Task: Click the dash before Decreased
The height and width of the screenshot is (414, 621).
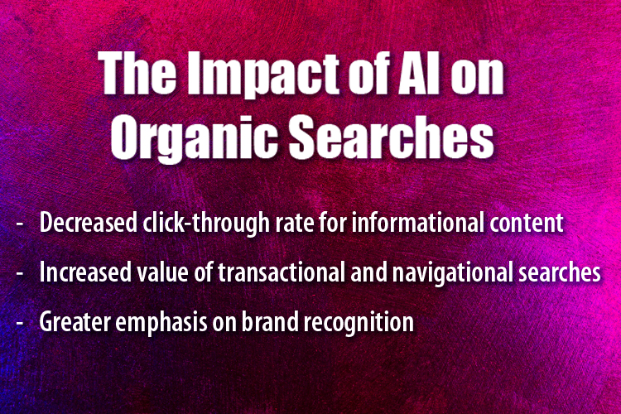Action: (18, 223)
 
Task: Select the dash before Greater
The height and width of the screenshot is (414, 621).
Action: (18, 322)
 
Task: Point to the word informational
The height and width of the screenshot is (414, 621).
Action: (402, 223)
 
